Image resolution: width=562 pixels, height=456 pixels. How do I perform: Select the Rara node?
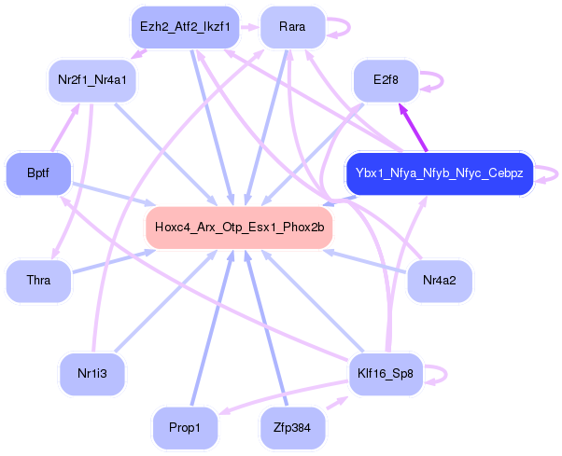coord(292,28)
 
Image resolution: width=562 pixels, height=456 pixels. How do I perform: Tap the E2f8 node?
coord(385,80)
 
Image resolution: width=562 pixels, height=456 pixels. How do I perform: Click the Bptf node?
coord(37,173)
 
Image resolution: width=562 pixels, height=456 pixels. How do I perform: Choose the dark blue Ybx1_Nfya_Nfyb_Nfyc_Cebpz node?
coord(439,173)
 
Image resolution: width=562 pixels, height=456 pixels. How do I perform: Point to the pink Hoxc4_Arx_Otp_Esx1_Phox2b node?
coord(239,227)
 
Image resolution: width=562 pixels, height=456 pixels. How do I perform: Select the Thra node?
coord(38,280)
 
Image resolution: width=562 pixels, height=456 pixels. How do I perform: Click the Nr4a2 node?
coord(439,280)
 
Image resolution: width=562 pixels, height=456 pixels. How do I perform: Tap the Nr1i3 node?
coord(91,375)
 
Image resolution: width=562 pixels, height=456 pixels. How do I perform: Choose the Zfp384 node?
coord(292,428)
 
